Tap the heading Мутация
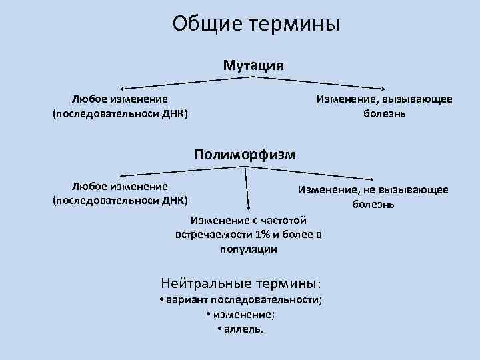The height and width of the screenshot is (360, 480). pyautogui.click(x=253, y=65)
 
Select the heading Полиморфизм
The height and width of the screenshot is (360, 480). pyautogui.click(x=245, y=155)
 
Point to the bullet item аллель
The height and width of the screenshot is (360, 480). pyautogui.click(x=244, y=329)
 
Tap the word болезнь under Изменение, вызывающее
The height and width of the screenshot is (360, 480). pyautogui.click(x=385, y=113)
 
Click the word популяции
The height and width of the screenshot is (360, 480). pyautogui.click(x=248, y=249)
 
